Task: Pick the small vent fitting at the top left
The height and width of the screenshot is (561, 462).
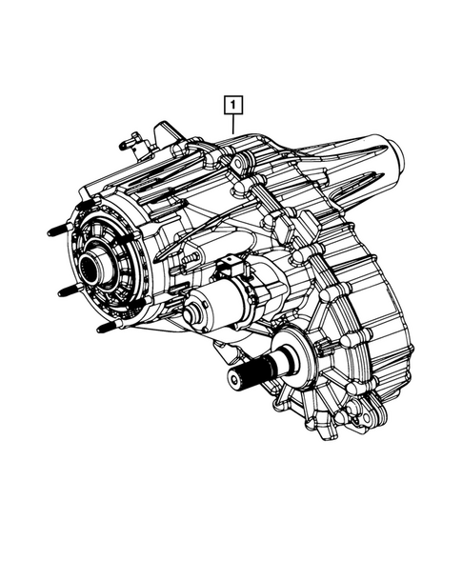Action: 126,145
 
